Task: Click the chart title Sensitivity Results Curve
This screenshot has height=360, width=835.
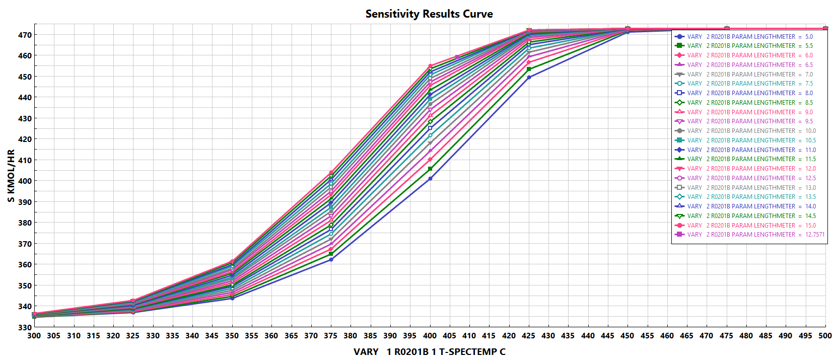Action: tap(429, 14)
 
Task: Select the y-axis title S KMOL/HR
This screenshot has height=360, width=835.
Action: tap(11, 176)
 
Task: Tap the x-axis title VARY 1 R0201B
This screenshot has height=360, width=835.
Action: tap(429, 352)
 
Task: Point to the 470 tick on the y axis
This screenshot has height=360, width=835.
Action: tap(25, 35)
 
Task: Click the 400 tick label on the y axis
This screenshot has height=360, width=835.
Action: tap(25, 181)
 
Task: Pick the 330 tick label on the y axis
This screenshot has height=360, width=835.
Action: tap(25, 327)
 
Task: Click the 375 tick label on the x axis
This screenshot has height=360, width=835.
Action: tap(331, 336)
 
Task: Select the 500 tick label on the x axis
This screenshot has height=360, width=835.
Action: tap(825, 336)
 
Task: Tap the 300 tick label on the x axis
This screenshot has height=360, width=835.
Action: tap(34, 336)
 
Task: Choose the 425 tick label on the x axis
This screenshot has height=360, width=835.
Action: tap(528, 336)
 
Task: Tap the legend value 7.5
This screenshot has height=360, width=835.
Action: tap(809, 84)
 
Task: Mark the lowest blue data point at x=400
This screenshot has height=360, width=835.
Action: tap(430, 179)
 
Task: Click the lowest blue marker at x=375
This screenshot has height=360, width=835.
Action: tap(331, 260)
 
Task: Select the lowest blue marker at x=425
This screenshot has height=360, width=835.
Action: tap(529, 78)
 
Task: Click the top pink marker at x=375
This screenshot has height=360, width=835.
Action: tap(331, 173)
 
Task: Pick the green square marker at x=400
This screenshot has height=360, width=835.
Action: tap(430, 169)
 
